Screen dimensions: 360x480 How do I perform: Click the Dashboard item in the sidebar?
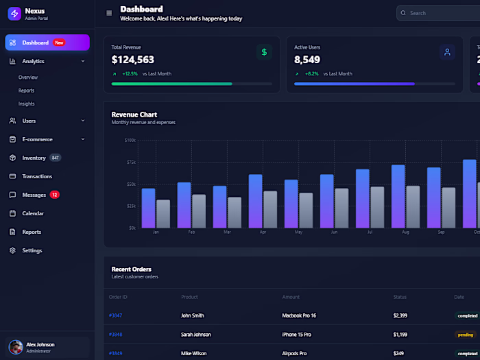point(35,43)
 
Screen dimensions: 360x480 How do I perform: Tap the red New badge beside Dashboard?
point(59,43)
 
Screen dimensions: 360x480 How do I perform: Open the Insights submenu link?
point(26,104)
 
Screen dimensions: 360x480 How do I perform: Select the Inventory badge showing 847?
point(55,158)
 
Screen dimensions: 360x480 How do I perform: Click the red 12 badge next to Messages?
point(54,195)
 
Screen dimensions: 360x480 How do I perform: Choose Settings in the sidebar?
point(32,250)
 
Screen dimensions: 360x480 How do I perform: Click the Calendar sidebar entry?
point(33,213)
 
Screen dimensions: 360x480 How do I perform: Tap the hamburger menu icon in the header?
point(109,13)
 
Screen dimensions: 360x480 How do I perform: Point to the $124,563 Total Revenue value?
point(132,60)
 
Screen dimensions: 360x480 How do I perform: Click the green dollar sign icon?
point(264,52)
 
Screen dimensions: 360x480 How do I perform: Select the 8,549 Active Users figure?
point(307,60)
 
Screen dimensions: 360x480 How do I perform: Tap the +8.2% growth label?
point(312,73)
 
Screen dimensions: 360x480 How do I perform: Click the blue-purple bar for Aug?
point(398,196)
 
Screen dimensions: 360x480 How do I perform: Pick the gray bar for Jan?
point(163,213)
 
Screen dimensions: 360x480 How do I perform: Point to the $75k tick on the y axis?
point(130,162)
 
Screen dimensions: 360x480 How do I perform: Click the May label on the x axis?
point(298,232)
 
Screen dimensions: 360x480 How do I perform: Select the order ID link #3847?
point(115,315)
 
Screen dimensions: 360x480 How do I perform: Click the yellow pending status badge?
point(465,335)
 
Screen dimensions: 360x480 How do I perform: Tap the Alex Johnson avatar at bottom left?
point(15,347)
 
